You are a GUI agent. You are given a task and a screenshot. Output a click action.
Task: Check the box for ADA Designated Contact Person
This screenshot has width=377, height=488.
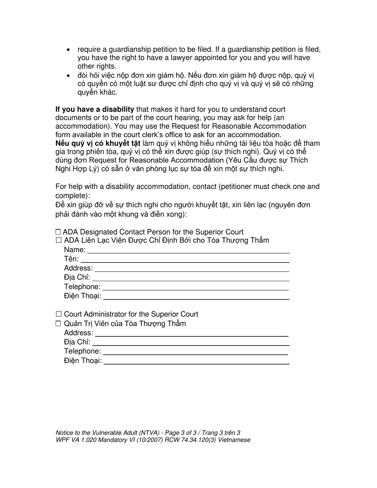[58, 232]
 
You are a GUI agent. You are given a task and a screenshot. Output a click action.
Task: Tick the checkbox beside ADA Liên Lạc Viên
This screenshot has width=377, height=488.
[59, 240]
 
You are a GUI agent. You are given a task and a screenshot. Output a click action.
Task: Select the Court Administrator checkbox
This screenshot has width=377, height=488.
[59, 314]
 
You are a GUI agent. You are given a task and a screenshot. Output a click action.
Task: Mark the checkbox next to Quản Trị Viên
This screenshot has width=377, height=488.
[59, 323]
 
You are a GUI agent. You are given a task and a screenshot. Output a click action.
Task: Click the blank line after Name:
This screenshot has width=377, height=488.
[188, 250]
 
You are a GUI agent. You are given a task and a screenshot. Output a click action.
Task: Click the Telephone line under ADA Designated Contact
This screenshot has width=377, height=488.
[195, 287]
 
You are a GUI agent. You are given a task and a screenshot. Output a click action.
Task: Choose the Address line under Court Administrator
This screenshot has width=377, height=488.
[192, 333]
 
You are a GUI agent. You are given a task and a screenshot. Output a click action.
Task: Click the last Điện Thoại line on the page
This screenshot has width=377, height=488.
[196, 361]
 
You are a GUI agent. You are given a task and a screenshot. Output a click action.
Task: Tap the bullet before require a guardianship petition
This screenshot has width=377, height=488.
[69, 50]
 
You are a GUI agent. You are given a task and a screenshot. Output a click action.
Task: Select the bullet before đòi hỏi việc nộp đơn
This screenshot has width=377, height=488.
[69, 75]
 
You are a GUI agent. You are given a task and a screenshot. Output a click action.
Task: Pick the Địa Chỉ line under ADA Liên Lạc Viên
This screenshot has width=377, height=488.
[190, 278]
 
